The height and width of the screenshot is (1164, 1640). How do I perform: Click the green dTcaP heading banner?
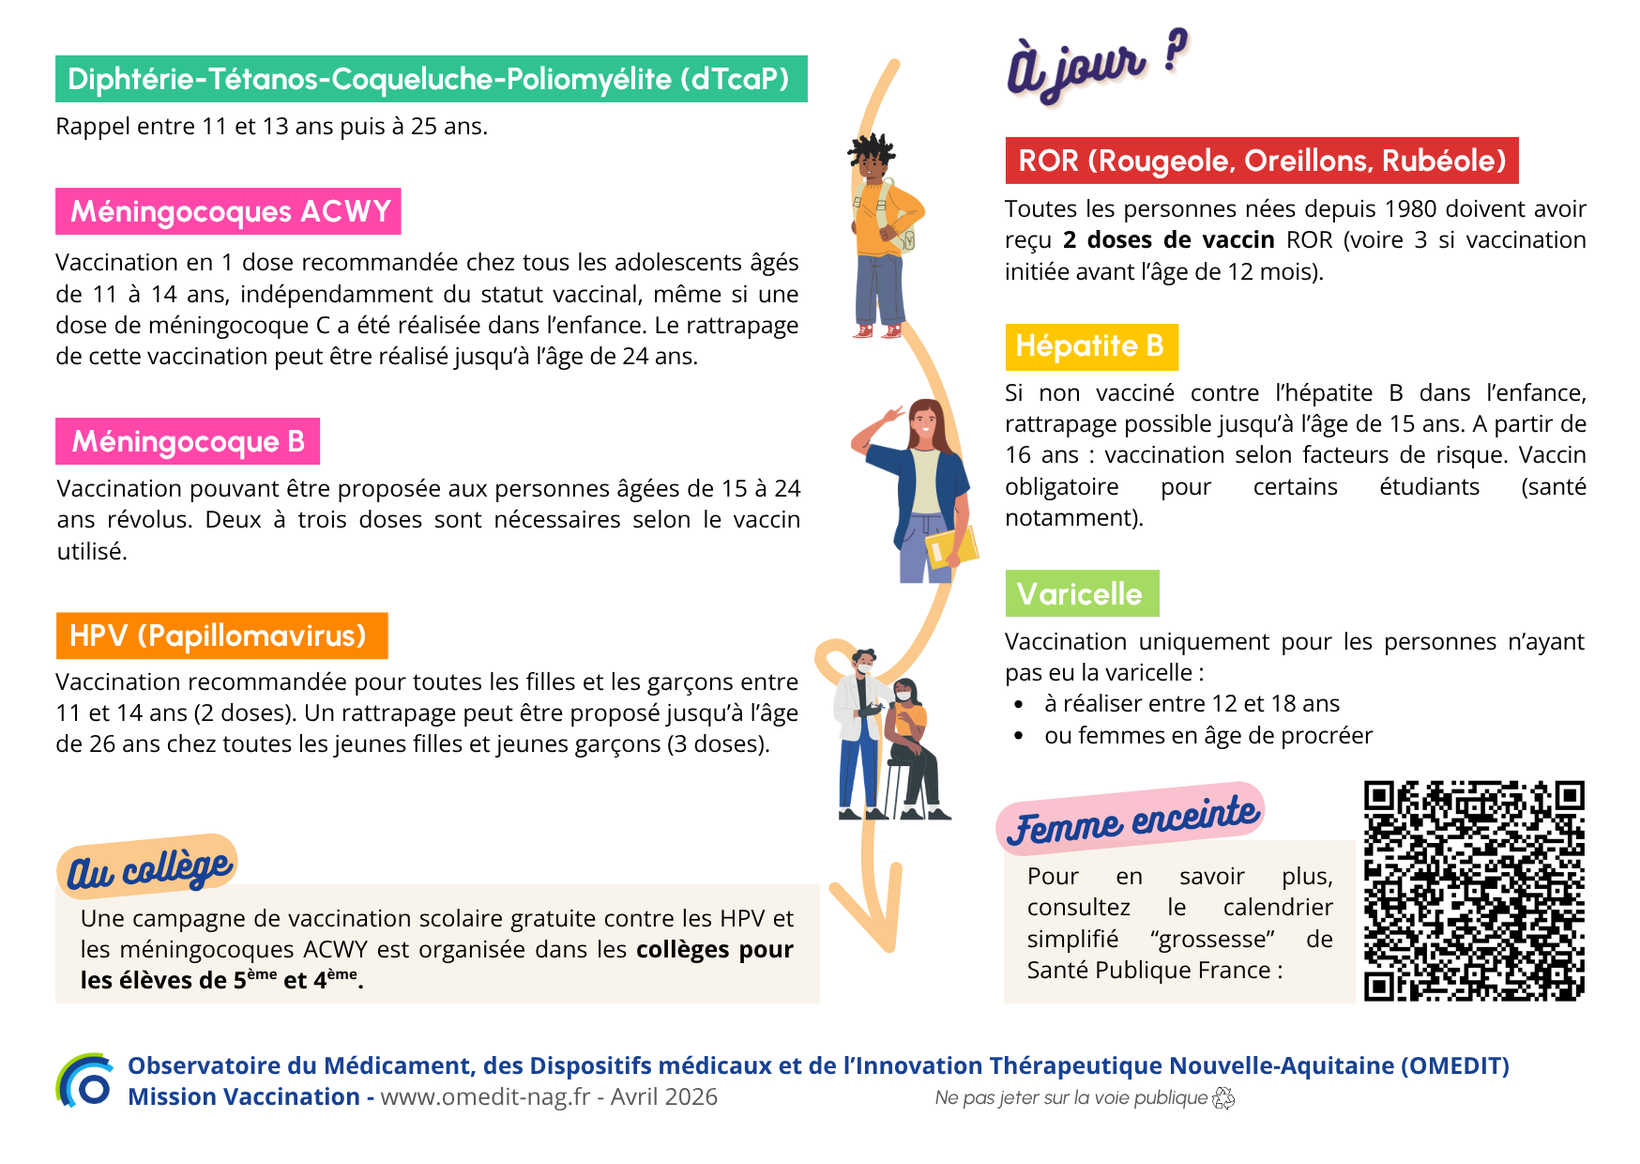click(x=431, y=79)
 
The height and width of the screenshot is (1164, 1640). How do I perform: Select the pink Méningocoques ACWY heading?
click(x=228, y=211)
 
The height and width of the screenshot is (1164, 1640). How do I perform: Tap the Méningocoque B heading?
click(x=188, y=441)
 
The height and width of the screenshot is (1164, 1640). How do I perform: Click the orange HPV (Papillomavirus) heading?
click(x=221, y=636)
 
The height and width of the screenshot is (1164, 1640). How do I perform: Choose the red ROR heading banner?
click(x=1261, y=161)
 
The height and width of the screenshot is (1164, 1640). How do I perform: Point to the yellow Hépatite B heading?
click(x=1090, y=346)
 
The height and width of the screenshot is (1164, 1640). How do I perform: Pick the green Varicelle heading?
click(x=1081, y=593)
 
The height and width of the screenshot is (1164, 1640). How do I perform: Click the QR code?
click(x=1473, y=891)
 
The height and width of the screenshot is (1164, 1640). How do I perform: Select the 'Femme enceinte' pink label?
click(x=1131, y=818)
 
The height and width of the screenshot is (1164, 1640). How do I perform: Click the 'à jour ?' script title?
click(x=1095, y=64)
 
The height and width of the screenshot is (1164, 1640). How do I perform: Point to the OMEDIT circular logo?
click(x=86, y=1081)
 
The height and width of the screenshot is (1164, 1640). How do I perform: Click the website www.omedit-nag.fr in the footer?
click(x=485, y=1097)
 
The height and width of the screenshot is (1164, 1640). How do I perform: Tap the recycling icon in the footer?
click(x=1223, y=1098)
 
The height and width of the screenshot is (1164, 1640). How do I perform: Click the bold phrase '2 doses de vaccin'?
click(x=1168, y=240)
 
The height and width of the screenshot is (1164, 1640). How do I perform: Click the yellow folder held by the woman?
click(x=951, y=548)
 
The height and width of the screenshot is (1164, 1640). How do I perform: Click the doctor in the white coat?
click(x=859, y=732)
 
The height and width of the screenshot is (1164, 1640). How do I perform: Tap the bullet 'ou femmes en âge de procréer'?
click(x=1207, y=735)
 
